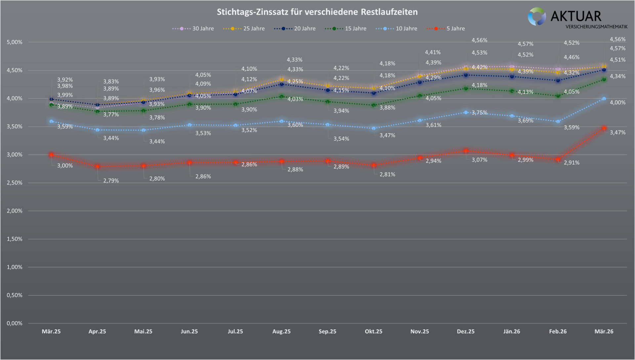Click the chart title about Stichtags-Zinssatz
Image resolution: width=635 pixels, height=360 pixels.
317,12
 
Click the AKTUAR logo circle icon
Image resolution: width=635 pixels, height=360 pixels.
536,17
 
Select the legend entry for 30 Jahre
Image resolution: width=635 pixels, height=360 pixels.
193,28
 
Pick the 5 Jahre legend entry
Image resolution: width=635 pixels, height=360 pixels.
446,28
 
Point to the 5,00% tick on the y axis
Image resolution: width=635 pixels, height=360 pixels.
15,42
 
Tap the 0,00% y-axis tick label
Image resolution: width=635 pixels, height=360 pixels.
15,323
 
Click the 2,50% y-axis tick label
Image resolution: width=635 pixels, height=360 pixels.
15,183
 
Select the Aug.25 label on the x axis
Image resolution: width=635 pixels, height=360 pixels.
281,332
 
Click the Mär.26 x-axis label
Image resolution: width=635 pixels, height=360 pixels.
604,332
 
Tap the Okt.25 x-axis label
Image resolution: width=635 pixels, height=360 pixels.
373,332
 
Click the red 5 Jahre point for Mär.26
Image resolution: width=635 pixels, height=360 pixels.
604,128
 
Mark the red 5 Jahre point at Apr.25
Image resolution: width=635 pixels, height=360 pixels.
97,167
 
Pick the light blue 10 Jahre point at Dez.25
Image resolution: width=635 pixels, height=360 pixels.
466,112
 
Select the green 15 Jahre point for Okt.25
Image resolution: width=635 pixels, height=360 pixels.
374,105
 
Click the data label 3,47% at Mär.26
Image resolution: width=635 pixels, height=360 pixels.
617,133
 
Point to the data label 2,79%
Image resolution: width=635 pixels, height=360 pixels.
111,180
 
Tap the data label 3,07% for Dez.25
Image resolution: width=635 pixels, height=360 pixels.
479,160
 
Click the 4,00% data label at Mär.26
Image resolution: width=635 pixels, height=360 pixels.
617,102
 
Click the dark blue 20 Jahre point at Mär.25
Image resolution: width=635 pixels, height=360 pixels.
51,99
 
